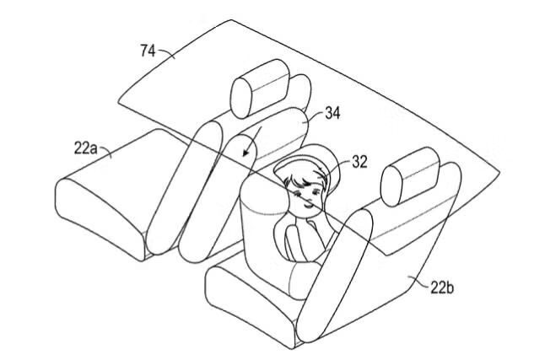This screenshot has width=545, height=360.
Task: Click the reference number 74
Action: coord(148,51)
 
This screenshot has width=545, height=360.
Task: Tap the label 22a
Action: coord(85,148)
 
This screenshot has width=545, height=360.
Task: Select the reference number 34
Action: coord(332,113)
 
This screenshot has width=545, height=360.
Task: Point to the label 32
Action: coord(359,162)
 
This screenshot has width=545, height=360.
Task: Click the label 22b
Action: coord(442,287)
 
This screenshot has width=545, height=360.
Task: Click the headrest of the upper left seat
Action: coord(260,89)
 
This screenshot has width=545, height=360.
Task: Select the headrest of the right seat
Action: coord(410,177)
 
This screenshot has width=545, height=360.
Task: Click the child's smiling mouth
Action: coord(308,206)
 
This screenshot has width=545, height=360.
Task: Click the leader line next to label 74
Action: coord(166,53)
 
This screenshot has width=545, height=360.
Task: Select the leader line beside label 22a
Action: coord(105,152)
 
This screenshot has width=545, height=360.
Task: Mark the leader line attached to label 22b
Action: coord(418,281)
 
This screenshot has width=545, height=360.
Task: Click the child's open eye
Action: coord(316,192)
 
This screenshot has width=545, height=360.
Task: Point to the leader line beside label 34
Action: coord(314,118)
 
